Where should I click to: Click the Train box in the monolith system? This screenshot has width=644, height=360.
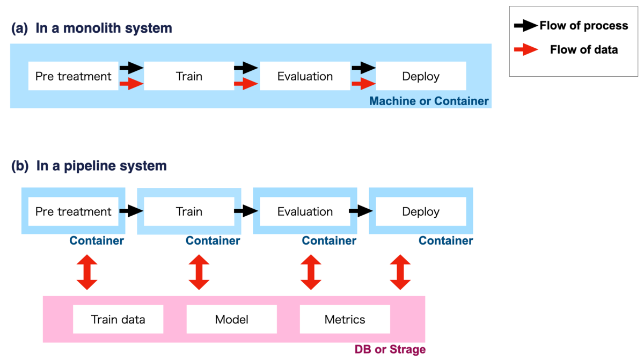click(x=189, y=76)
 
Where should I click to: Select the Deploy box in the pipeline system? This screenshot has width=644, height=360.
click(x=421, y=211)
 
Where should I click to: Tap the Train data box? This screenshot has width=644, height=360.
click(x=118, y=319)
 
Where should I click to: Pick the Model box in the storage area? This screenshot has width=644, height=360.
click(x=232, y=319)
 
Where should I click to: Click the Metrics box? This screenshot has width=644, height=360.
click(x=345, y=319)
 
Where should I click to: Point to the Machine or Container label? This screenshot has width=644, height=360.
click(x=429, y=101)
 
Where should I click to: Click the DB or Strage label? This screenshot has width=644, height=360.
click(x=390, y=349)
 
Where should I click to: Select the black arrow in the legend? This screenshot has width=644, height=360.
click(x=526, y=26)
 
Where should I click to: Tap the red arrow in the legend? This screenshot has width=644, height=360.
click(x=526, y=50)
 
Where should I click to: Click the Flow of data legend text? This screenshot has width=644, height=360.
click(x=584, y=50)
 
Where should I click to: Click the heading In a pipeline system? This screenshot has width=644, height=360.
click(x=101, y=166)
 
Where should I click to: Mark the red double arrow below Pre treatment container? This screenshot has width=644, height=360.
click(x=87, y=272)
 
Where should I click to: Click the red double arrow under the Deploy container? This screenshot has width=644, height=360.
click(x=400, y=272)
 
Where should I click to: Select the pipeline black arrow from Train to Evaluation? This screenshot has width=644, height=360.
click(x=246, y=211)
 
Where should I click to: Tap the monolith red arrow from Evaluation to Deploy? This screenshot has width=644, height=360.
click(x=364, y=84)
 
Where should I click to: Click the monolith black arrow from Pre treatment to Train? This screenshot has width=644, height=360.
click(x=131, y=68)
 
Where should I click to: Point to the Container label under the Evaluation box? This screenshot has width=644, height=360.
click(x=329, y=241)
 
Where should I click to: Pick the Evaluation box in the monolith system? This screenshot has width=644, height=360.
click(x=305, y=76)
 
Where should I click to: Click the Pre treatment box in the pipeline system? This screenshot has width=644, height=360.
click(x=74, y=211)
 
